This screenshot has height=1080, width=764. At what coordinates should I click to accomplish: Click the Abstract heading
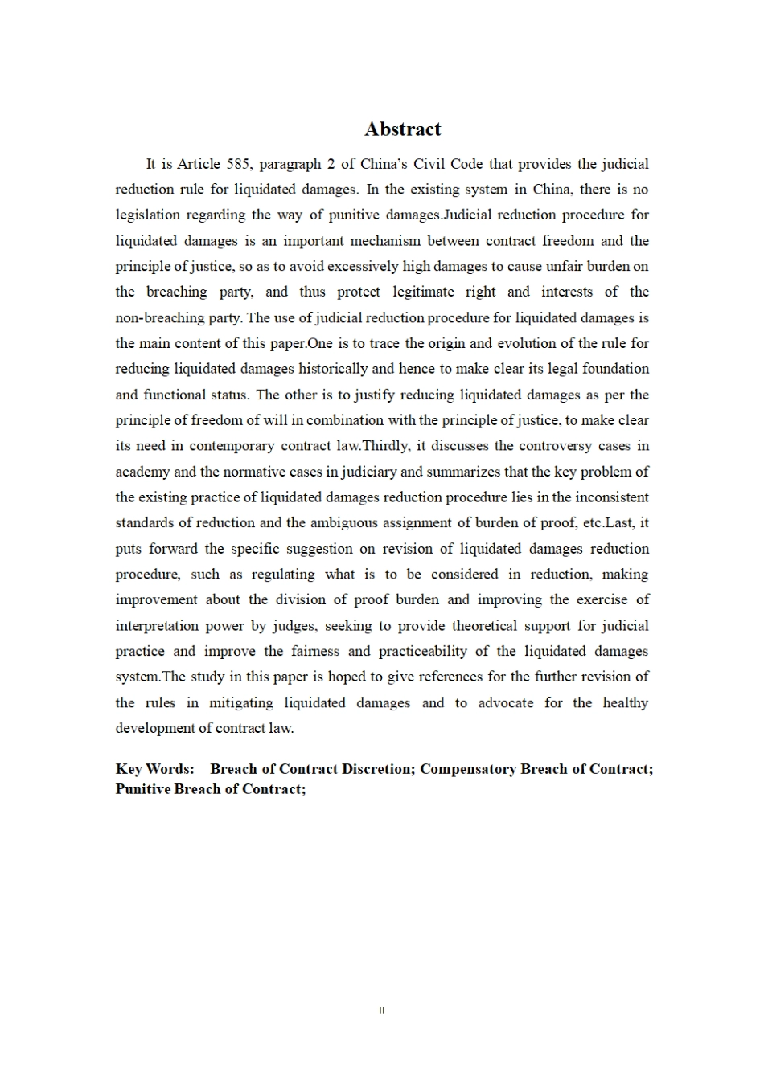[x=402, y=129]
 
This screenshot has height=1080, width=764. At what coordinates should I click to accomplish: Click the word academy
[x=142, y=472]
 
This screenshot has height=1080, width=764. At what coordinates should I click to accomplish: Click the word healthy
[x=625, y=703]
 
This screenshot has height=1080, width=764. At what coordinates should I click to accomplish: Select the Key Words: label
[x=154, y=769]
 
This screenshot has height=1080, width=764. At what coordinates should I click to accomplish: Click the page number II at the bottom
[x=382, y=1011]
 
